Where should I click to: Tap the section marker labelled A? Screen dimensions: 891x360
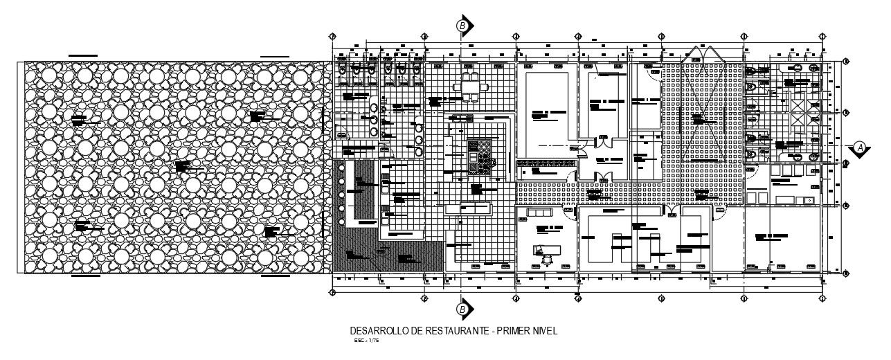pyautogui.click(x=859, y=147)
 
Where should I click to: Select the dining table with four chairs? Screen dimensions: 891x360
pyautogui.click(x=470, y=87)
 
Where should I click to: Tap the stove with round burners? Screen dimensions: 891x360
pyautogui.click(x=479, y=157)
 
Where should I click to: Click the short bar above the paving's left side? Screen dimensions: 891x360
pyautogui.click(x=82, y=55)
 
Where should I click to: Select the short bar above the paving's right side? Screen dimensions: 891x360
pyautogui.click(x=274, y=55)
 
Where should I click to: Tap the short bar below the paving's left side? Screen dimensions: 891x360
pyautogui.click(x=86, y=276)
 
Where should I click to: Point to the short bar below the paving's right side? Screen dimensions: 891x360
pyautogui.click(x=275, y=276)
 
